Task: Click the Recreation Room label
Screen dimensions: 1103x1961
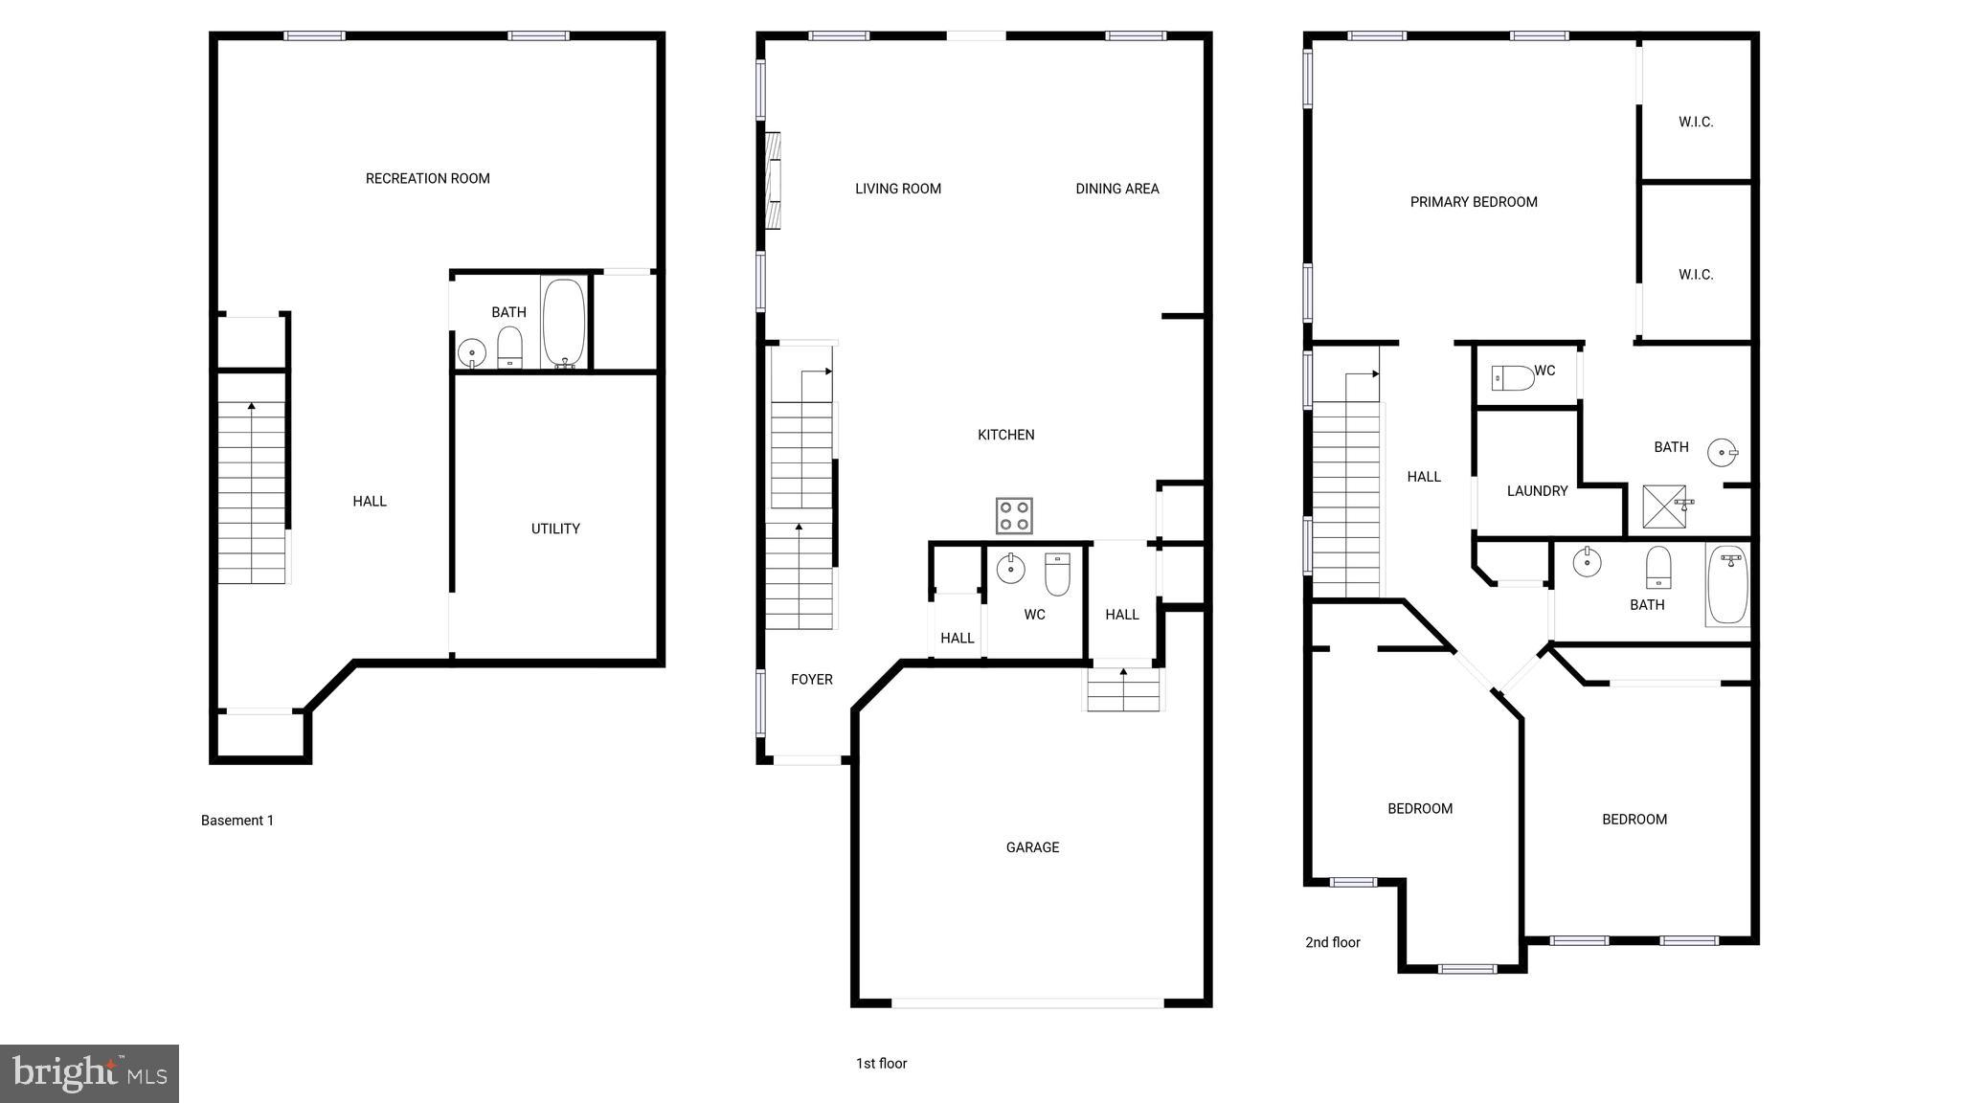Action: (x=427, y=178)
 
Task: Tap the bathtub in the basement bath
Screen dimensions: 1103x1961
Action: (x=564, y=323)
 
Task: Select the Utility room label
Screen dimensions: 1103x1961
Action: (x=555, y=529)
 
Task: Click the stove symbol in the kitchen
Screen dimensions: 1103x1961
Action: (x=1014, y=516)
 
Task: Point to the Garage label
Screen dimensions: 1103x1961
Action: (x=1032, y=847)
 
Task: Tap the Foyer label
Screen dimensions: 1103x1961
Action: (x=811, y=680)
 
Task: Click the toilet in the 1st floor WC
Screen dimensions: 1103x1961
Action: (x=1057, y=574)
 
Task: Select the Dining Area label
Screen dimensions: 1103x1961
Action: (x=1116, y=189)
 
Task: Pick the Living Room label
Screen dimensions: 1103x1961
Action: (x=897, y=189)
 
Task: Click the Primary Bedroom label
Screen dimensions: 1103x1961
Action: (x=1474, y=202)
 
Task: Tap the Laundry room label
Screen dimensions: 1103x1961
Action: (x=1537, y=491)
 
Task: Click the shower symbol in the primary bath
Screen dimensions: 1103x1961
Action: (x=1664, y=506)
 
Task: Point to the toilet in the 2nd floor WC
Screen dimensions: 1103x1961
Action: (x=1514, y=378)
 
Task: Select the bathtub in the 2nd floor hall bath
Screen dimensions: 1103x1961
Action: (x=1727, y=584)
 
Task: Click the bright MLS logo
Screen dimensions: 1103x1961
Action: (x=89, y=1073)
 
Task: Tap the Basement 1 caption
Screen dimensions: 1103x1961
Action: (x=237, y=821)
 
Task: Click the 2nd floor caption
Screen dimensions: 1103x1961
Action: (x=1332, y=942)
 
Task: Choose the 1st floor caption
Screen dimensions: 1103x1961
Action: (x=881, y=1064)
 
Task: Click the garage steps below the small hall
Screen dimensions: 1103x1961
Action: (x=1123, y=690)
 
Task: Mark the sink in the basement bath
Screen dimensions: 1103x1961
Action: (x=472, y=353)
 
